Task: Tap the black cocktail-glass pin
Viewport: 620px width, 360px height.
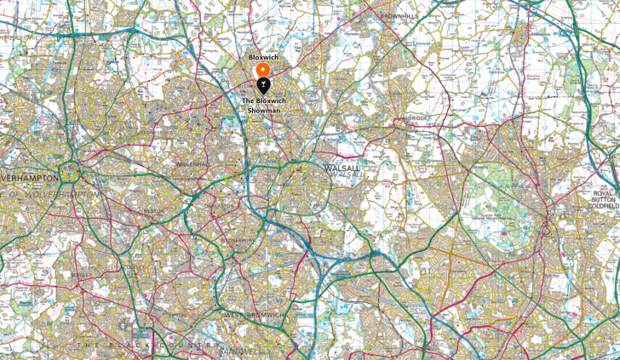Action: (x=263, y=84)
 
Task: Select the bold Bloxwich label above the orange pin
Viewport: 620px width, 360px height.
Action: (x=263, y=56)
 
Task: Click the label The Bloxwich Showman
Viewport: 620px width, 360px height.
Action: (x=263, y=106)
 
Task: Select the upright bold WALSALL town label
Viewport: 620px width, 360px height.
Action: (x=342, y=168)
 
